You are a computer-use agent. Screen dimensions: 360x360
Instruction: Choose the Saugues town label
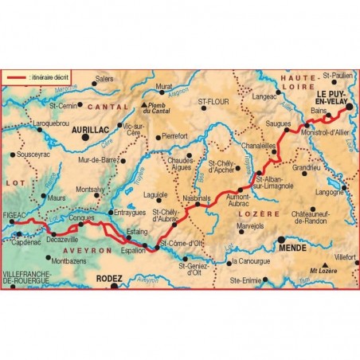coord(280,124)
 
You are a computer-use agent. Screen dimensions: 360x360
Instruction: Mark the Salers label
coord(104,79)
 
